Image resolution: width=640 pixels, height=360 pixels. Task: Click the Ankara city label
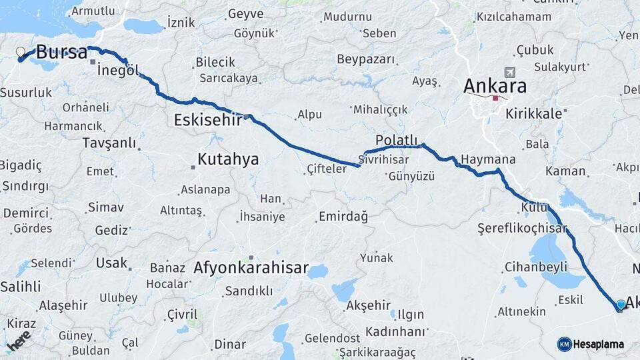coord(495,86)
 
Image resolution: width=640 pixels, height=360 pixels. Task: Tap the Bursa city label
coord(61,52)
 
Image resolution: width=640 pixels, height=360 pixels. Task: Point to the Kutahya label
coord(228,159)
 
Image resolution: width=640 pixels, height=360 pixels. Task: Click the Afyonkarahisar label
coord(251,269)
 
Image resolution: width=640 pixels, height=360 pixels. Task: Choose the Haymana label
coord(489,160)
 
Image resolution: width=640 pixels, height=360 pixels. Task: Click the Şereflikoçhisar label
coord(522,229)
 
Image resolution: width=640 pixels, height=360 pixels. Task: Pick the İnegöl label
coord(117,70)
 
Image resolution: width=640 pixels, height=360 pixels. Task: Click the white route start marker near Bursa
coord(21,52)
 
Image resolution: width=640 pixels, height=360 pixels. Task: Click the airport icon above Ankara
coord(511,72)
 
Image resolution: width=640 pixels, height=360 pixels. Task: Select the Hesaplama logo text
coord(599,344)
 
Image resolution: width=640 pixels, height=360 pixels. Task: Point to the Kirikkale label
coord(534,113)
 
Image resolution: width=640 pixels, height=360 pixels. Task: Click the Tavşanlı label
coord(109,143)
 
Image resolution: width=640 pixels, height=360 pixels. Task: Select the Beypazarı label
coord(366,59)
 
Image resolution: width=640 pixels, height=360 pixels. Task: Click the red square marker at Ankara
coord(495,98)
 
